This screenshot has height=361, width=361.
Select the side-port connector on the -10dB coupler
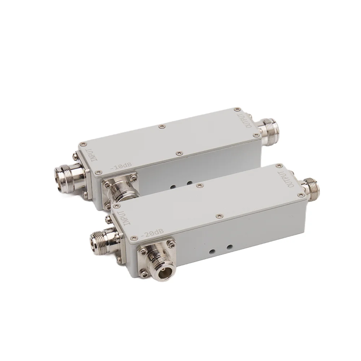(121, 190)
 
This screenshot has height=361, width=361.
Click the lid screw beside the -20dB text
(134, 238)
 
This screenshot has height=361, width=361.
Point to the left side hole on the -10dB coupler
(173, 186)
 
